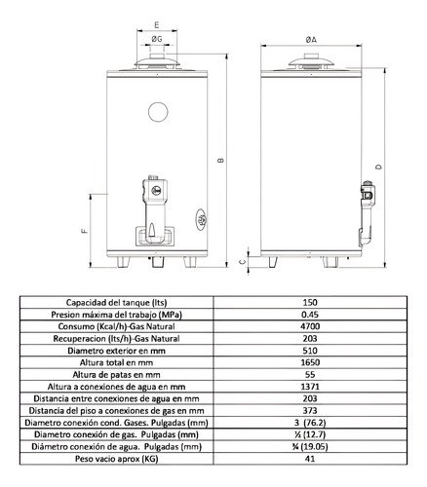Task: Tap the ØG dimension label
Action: [157, 37]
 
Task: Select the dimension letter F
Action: [85, 231]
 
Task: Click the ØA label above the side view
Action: [310, 37]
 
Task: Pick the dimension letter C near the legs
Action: [243, 262]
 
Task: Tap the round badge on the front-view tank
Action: [201, 220]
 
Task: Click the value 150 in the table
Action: [310, 302]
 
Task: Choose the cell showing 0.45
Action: [310, 314]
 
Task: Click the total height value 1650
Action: [310, 361]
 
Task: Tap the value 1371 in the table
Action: [310, 386]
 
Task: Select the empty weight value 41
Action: [310, 458]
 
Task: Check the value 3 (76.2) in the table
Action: [310, 422]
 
